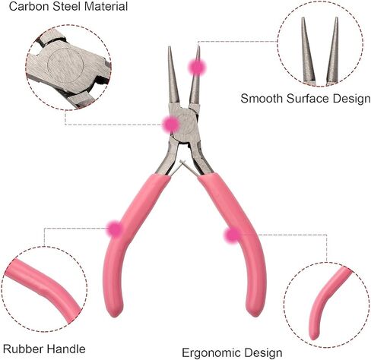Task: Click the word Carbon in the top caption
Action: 29,6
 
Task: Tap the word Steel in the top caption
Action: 67,6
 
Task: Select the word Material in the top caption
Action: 106,6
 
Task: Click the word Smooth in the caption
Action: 262,99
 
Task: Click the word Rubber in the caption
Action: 23,349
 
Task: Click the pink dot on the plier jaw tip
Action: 197,68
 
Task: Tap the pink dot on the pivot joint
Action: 171,125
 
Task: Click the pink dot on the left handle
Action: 115,229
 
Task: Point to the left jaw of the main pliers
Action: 173,75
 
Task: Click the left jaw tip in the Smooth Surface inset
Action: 303,18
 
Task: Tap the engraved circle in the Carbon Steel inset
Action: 65,65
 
